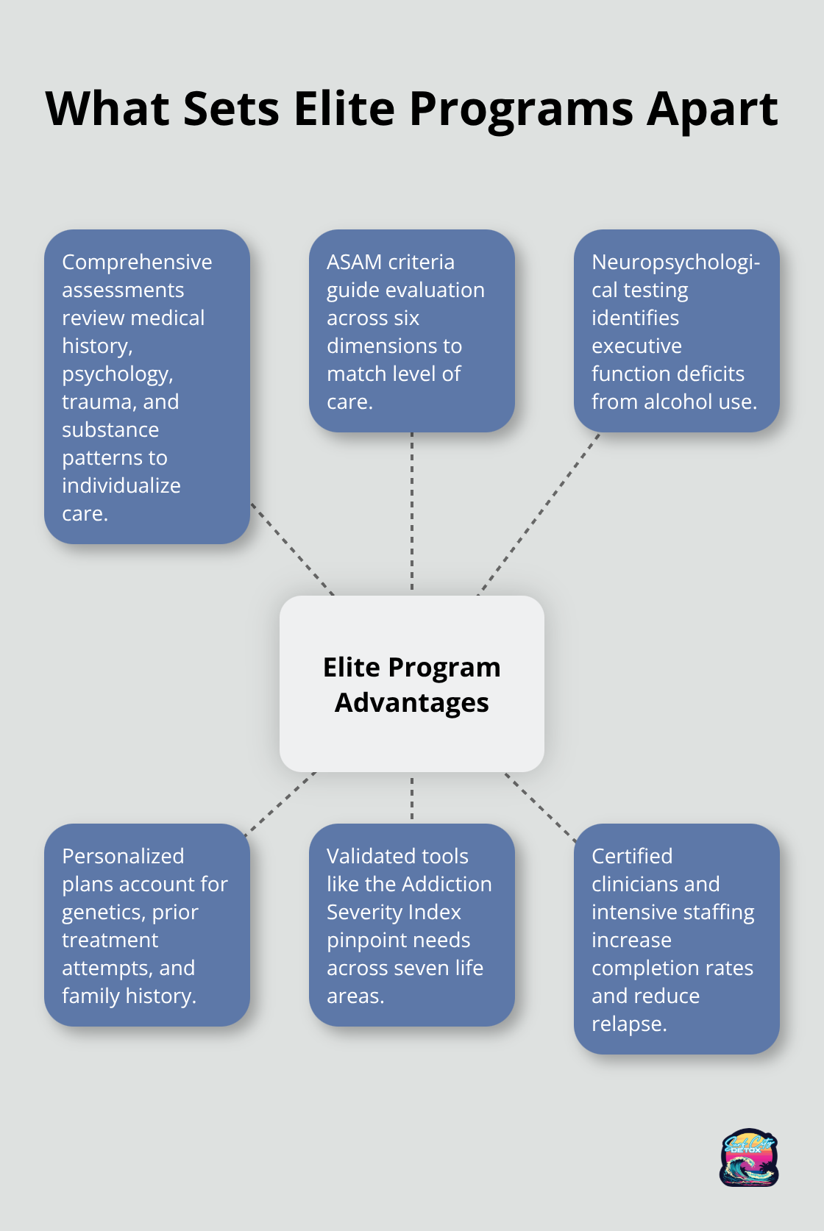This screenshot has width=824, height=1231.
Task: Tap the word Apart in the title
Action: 711,110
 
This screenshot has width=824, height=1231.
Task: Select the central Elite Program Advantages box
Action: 411,684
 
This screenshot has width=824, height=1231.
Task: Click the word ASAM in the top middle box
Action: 353,263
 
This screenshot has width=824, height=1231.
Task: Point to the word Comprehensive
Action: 137,263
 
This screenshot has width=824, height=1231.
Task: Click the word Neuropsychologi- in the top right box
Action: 675,263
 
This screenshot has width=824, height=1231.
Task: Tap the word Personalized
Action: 123,857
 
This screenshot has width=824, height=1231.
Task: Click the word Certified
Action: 632,857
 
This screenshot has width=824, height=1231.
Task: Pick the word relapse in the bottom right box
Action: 628,1024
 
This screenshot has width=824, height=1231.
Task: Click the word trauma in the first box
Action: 93,402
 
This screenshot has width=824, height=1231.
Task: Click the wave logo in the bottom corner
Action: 748,1157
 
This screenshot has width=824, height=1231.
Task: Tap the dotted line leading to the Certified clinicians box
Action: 539,805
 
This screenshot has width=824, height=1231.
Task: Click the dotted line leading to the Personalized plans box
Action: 281,803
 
